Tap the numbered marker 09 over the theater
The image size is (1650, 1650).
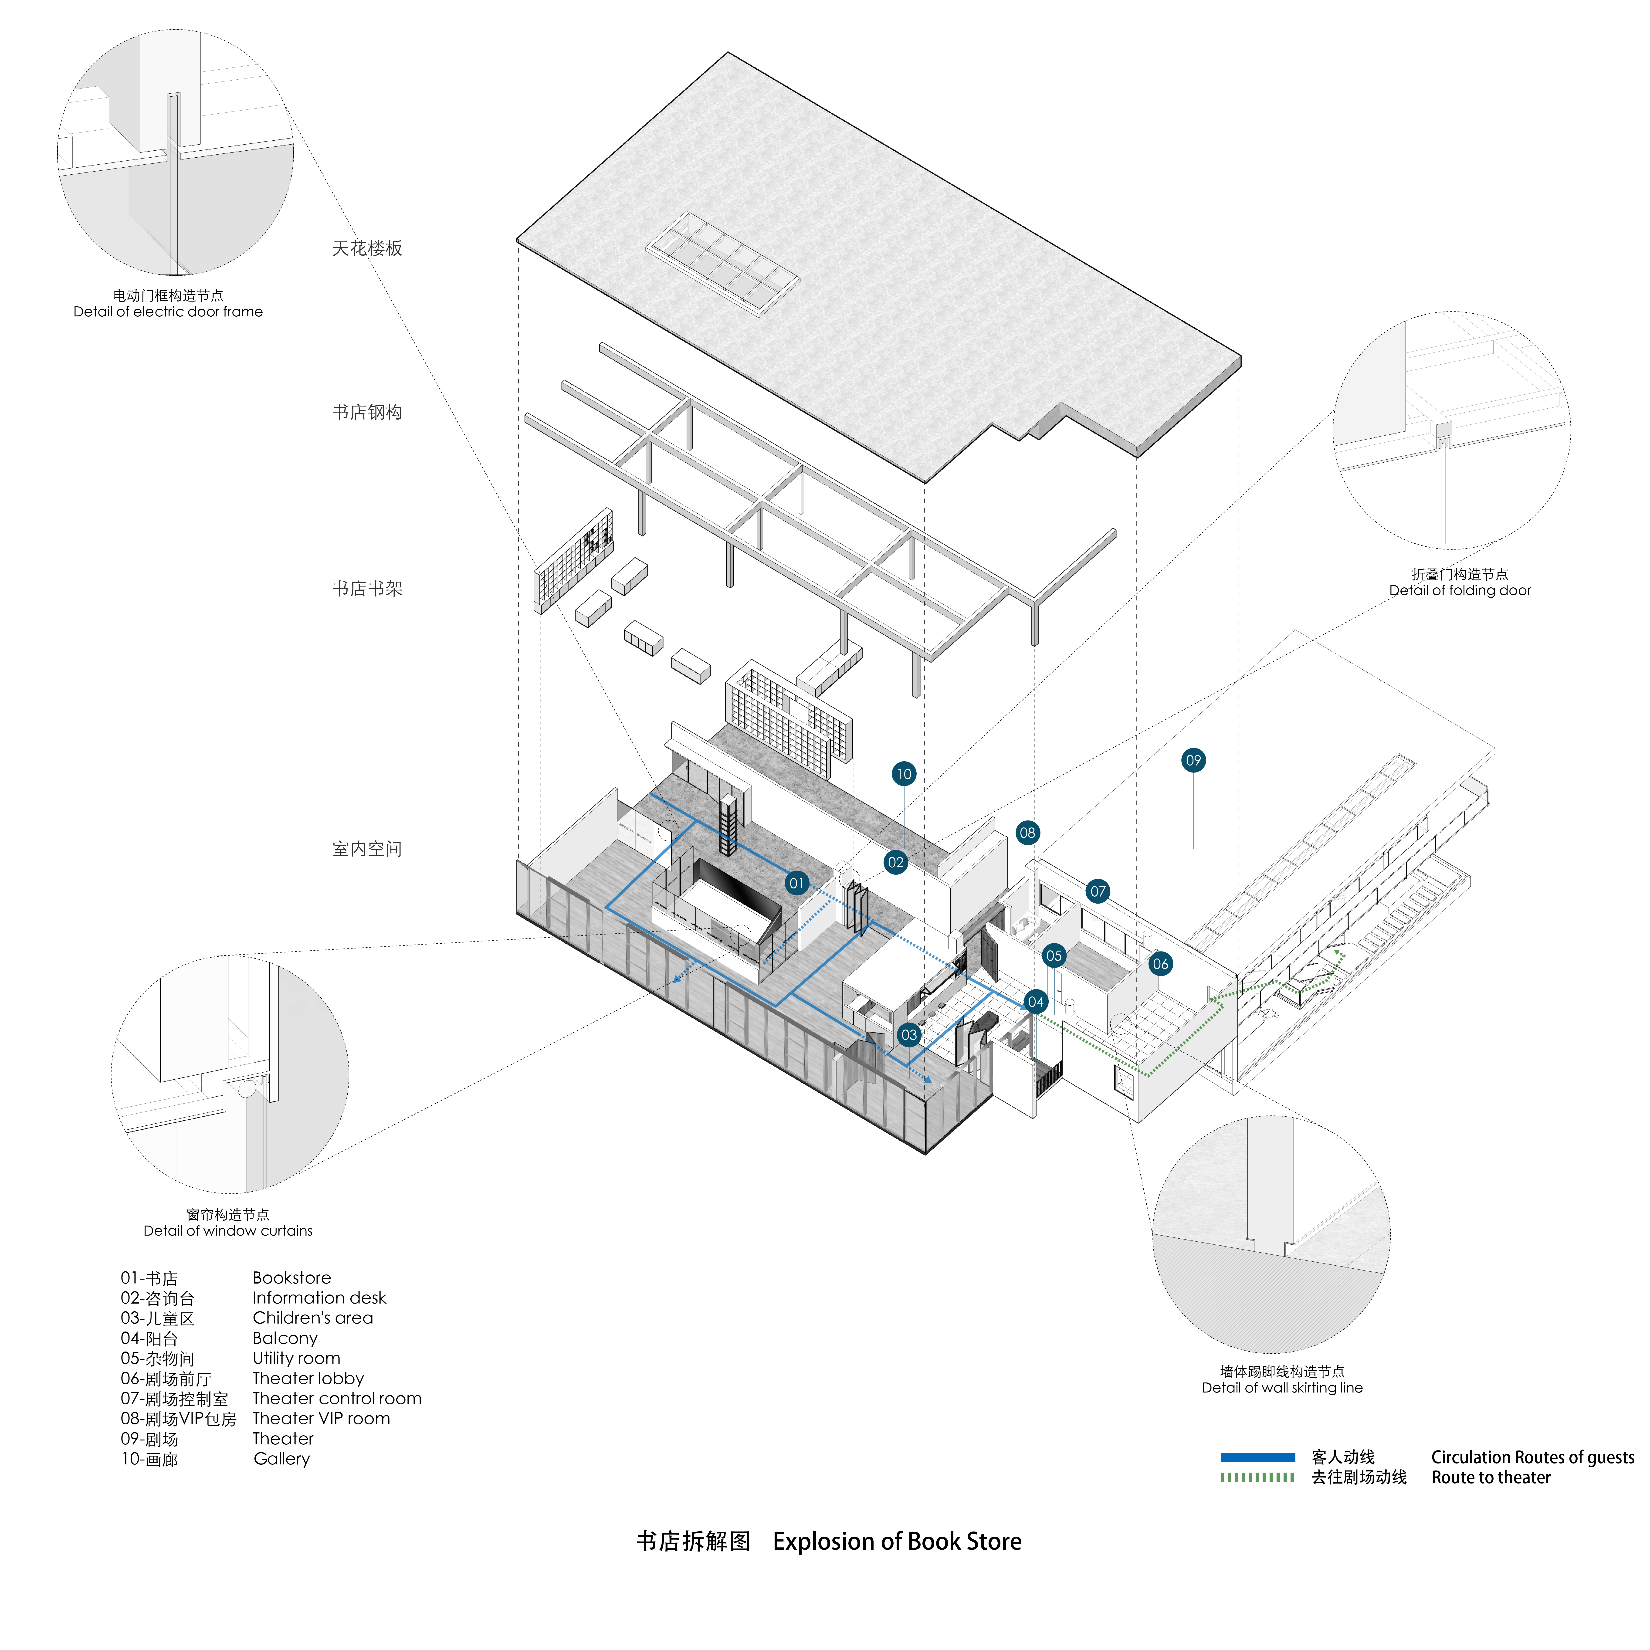[1193, 760]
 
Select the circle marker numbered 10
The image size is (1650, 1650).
[904, 774]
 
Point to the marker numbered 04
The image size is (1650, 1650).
[1035, 1002]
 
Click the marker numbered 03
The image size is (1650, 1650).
[909, 1035]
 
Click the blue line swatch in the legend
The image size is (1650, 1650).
[1257, 1457]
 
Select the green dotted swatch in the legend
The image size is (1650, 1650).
[1257, 1477]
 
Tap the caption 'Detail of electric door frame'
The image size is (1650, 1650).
[168, 312]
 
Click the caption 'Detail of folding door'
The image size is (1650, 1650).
[1460, 590]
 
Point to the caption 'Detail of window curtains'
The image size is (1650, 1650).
[228, 1231]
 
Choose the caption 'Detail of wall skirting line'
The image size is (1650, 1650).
[1282, 1388]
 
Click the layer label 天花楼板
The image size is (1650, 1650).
[367, 248]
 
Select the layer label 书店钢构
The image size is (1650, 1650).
[367, 413]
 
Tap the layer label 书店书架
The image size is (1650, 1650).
[367, 588]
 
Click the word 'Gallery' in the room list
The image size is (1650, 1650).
[282, 1459]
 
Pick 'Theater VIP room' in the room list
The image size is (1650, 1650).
[321, 1419]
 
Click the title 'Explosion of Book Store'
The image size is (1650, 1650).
[897, 1542]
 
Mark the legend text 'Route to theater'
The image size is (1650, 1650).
[1490, 1477]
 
